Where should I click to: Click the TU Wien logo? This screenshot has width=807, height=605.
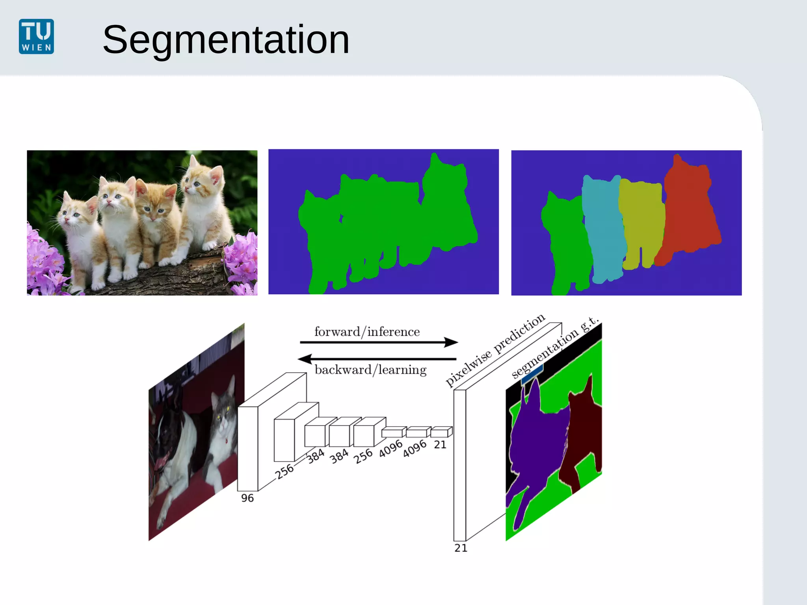(36, 36)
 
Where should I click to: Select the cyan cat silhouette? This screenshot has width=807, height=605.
(603, 228)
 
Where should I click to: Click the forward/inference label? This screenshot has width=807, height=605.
(367, 332)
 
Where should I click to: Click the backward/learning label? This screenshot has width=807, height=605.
(370, 369)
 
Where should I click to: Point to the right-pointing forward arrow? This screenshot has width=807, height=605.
(378, 342)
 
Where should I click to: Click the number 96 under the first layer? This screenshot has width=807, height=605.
(247, 498)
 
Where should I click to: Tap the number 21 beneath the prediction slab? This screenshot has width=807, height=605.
(461, 548)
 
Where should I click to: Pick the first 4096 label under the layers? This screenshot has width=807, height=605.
(390, 449)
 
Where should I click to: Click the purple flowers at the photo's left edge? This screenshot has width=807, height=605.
(41, 260)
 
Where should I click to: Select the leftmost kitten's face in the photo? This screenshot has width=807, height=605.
(73, 215)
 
